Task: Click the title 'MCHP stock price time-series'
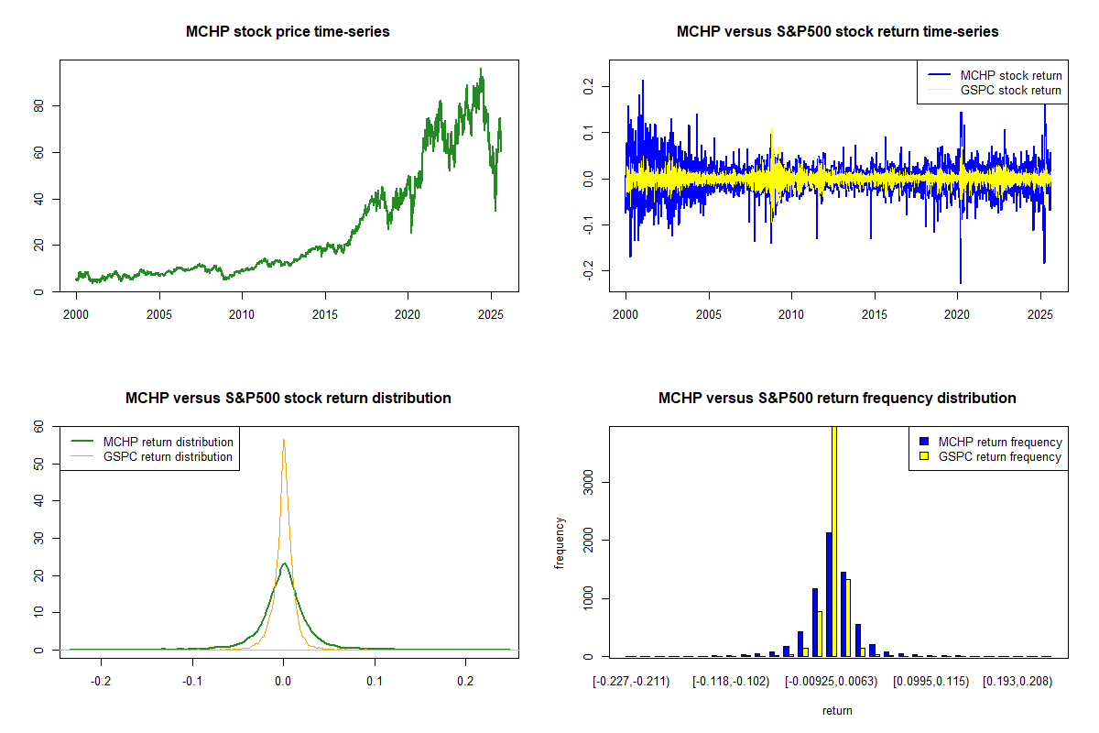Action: (x=288, y=32)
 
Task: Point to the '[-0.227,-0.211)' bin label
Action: (x=632, y=681)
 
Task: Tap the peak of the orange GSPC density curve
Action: (x=284, y=440)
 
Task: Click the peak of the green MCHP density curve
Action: (x=284, y=563)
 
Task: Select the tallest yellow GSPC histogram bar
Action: (x=834, y=541)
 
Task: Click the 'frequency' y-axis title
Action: (x=560, y=543)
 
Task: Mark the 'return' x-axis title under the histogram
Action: (x=837, y=710)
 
